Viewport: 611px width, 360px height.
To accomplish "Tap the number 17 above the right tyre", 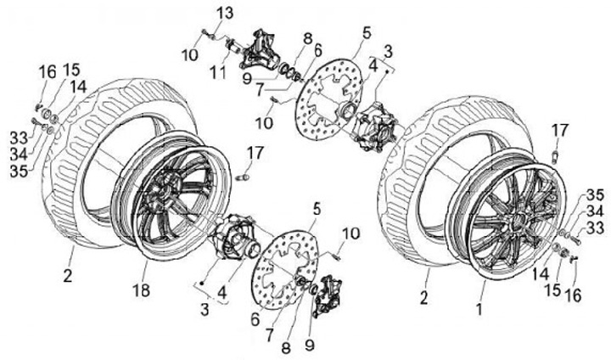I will pos(558,130).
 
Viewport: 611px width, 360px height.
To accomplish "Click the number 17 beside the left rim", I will pos(255,154).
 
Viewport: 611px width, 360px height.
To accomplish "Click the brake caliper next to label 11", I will pos(259,51).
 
